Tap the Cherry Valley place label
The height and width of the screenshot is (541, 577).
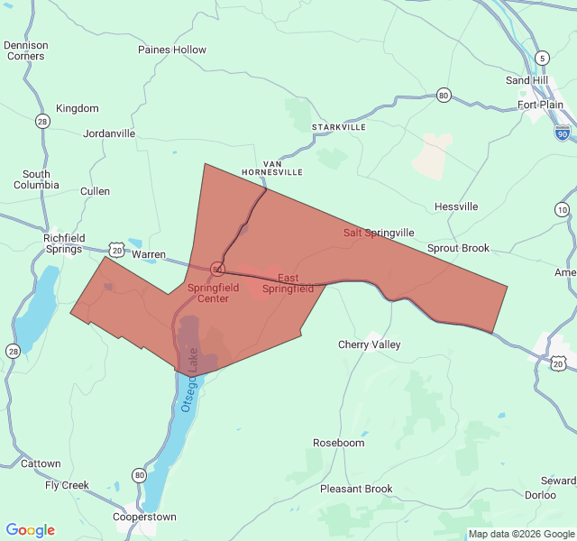tap(369, 344)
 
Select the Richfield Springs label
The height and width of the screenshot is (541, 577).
tap(63, 243)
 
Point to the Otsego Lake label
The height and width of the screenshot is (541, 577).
tap(189, 392)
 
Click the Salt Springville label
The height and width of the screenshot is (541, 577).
tap(379, 233)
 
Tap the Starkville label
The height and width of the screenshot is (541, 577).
tap(339, 128)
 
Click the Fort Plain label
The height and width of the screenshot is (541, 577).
tap(540, 105)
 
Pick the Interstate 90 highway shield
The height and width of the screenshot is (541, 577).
tap(562, 133)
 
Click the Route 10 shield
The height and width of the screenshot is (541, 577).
tap(563, 210)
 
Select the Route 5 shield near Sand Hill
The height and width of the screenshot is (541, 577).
tap(541, 59)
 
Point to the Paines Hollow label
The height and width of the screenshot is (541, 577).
tap(172, 50)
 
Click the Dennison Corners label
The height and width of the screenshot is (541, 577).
tap(24, 50)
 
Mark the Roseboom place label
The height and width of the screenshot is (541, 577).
tap(338, 443)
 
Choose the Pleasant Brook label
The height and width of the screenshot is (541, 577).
tap(356, 489)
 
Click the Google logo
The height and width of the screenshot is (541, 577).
tap(31, 530)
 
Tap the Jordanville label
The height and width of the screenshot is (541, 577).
tap(109, 133)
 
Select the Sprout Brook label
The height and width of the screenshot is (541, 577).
tap(458, 248)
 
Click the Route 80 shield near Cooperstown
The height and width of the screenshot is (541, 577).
tap(139, 475)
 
